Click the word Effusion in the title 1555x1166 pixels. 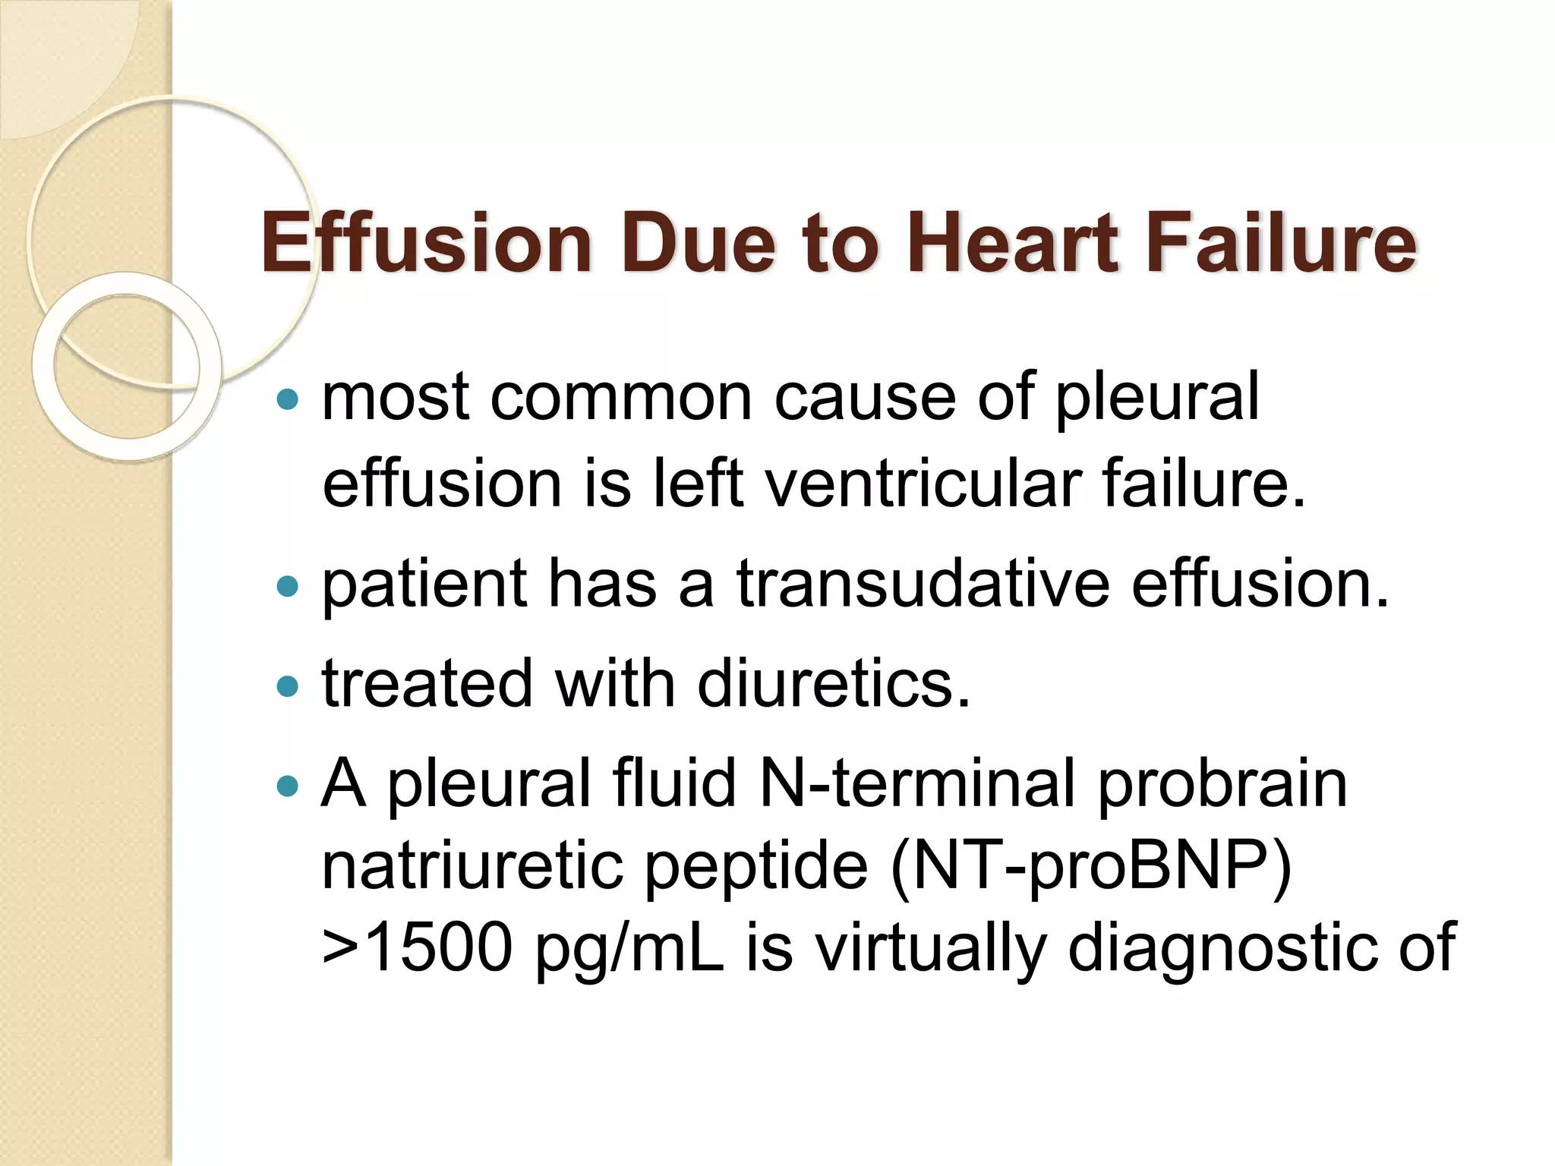[x=426, y=242]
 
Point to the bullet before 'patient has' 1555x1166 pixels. [x=288, y=586]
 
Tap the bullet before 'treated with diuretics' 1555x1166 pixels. [x=288, y=686]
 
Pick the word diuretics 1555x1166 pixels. [x=834, y=684]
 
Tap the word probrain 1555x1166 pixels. [x=1222, y=783]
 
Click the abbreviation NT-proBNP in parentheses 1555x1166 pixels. [x=1091, y=868]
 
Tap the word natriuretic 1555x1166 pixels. [x=471, y=866]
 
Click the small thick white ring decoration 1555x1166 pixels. [x=127, y=367]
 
